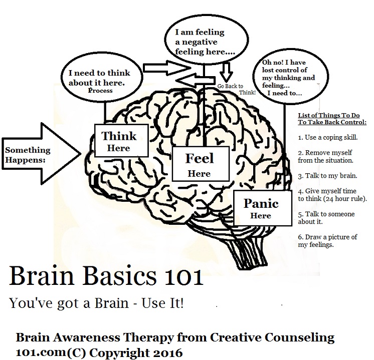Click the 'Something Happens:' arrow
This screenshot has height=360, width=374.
click(x=41, y=154)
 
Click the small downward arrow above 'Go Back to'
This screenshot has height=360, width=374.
click(x=226, y=72)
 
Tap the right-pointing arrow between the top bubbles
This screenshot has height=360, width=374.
click(x=166, y=68)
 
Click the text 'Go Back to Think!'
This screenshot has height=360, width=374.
click(x=236, y=89)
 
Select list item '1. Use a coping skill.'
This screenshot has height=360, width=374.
click(x=328, y=138)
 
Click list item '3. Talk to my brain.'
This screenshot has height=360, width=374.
click(x=327, y=176)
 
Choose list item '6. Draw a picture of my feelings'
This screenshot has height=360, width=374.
click(x=327, y=241)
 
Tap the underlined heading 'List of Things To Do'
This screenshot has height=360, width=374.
click(x=329, y=116)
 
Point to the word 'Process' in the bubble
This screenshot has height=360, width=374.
click(x=100, y=91)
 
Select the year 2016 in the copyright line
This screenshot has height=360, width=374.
click(x=167, y=352)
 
